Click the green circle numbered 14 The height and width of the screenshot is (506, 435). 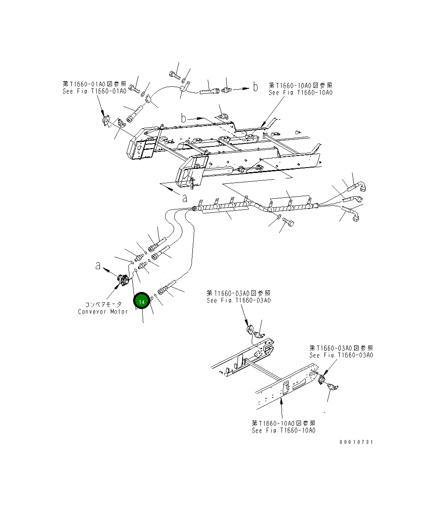(141, 302)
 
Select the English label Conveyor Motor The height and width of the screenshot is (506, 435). (103, 311)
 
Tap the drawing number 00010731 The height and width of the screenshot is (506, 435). (356, 442)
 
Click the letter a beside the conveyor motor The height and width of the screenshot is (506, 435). (98, 265)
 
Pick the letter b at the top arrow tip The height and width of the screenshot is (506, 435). (255, 87)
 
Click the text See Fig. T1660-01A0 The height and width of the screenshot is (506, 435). (94, 91)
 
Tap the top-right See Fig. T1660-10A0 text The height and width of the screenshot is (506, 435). (300, 92)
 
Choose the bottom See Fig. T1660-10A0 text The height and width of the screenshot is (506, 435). (283, 431)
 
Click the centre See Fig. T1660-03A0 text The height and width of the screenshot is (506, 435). (238, 300)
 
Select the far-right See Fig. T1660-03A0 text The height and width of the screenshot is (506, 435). (341, 355)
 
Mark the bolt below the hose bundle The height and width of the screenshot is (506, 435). (289, 224)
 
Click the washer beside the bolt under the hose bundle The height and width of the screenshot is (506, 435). (279, 217)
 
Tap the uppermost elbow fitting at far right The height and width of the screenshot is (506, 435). (364, 187)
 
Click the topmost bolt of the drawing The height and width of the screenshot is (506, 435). (173, 75)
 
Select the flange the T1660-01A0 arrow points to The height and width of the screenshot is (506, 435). (105, 121)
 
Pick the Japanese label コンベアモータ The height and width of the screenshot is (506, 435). (103, 304)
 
